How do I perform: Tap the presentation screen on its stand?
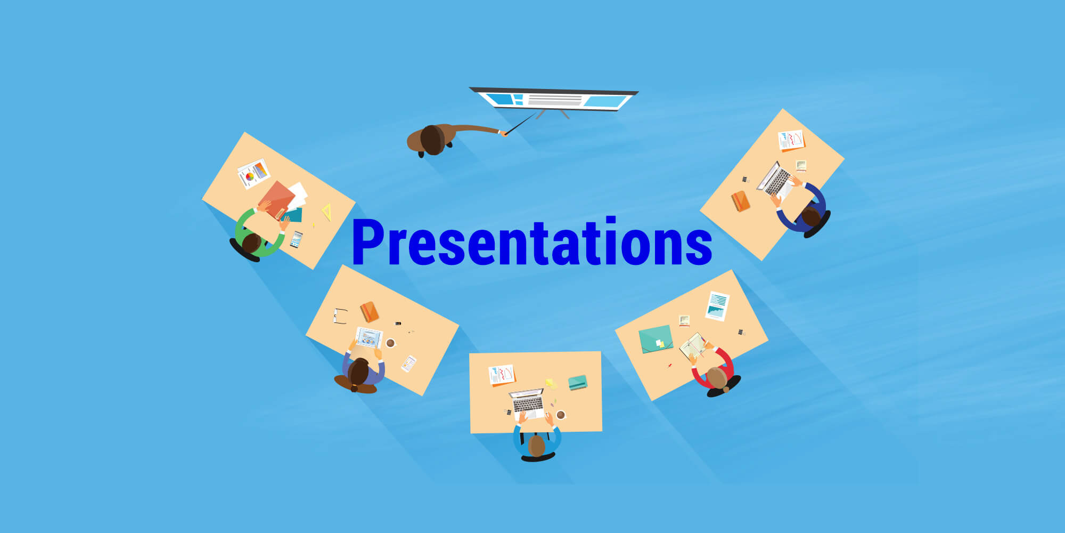(x=554, y=100)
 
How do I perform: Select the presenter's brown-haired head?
(x=432, y=140)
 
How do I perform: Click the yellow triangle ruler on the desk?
(x=327, y=212)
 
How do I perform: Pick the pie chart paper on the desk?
(x=253, y=173)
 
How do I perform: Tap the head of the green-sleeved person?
(x=251, y=243)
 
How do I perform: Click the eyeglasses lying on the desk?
(x=340, y=316)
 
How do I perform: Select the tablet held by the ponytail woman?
(x=369, y=337)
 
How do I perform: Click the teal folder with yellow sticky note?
(x=656, y=339)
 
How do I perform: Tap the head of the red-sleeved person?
(x=717, y=377)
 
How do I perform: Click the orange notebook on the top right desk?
(x=740, y=201)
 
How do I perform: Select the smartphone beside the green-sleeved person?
(x=296, y=239)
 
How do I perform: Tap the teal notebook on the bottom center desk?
(x=578, y=382)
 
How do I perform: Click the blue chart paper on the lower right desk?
(x=717, y=306)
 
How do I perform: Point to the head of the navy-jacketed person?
(x=811, y=217)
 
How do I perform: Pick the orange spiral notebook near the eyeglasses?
(x=369, y=312)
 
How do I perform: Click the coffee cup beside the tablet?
(x=390, y=343)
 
